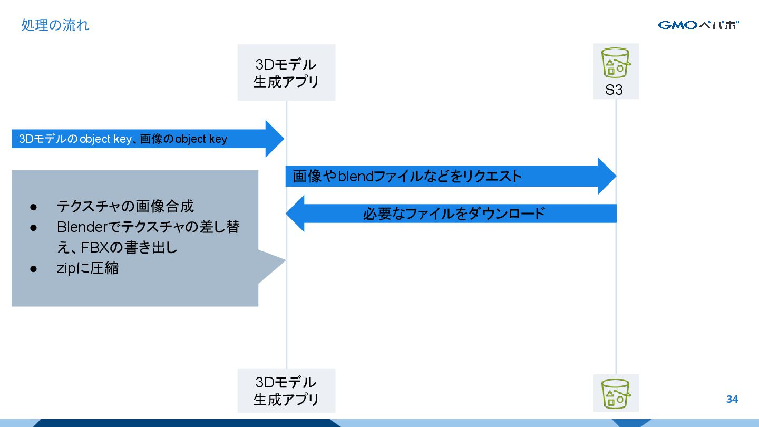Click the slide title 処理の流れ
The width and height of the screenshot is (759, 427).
(55, 25)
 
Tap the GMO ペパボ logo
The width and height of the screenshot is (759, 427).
(698, 25)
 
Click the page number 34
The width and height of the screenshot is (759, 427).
(732, 399)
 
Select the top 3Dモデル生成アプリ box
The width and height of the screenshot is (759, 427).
(286, 73)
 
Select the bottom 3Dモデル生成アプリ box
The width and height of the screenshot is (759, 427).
(286, 391)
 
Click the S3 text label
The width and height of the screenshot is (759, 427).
(614, 90)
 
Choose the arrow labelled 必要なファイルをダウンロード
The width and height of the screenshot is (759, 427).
(453, 213)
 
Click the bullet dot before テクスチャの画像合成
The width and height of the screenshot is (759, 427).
(33, 207)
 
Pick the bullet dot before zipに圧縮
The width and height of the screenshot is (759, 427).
(33, 268)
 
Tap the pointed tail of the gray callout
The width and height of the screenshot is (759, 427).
(279, 260)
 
